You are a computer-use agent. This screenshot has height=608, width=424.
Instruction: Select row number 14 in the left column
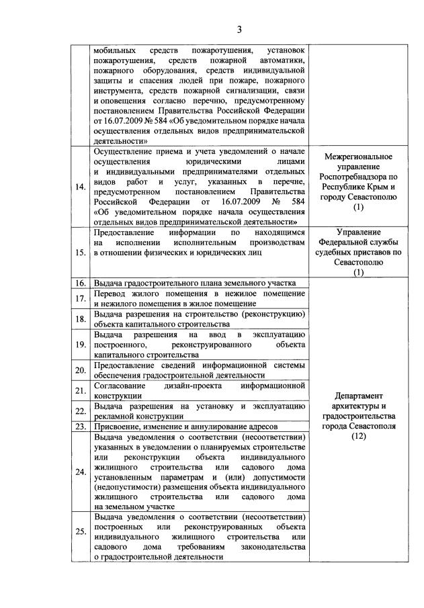coord(81,187)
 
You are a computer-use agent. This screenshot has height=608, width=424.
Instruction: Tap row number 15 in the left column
coord(81,253)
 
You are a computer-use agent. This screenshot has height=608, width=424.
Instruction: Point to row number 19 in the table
coord(81,345)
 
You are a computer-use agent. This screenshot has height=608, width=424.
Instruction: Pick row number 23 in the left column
coord(81,427)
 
